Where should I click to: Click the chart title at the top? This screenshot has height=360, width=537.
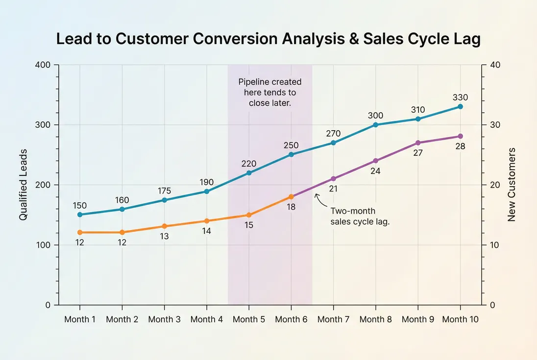(268, 39)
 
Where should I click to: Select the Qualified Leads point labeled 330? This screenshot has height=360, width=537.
(460, 106)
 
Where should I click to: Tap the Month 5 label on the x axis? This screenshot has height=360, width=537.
(248, 319)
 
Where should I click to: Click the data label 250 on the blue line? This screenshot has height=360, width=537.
(291, 145)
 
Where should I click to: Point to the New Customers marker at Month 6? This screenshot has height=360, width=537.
(291, 196)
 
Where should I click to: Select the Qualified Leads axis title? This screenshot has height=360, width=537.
(23, 185)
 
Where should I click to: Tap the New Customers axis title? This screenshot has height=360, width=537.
(512, 185)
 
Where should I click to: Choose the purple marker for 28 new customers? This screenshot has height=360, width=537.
(460, 136)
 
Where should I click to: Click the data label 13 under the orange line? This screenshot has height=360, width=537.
(164, 237)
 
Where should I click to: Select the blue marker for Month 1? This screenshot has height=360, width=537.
(80, 215)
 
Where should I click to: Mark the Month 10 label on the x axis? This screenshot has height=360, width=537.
(460, 319)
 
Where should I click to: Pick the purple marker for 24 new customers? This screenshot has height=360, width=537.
(376, 161)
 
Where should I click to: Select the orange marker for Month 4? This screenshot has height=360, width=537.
(206, 221)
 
